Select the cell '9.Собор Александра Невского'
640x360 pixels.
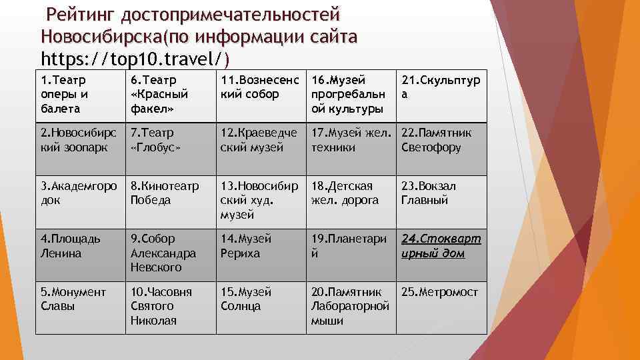[x=170, y=253]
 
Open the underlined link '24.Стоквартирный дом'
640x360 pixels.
[x=441, y=246]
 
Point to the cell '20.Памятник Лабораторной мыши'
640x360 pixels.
[x=351, y=306]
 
